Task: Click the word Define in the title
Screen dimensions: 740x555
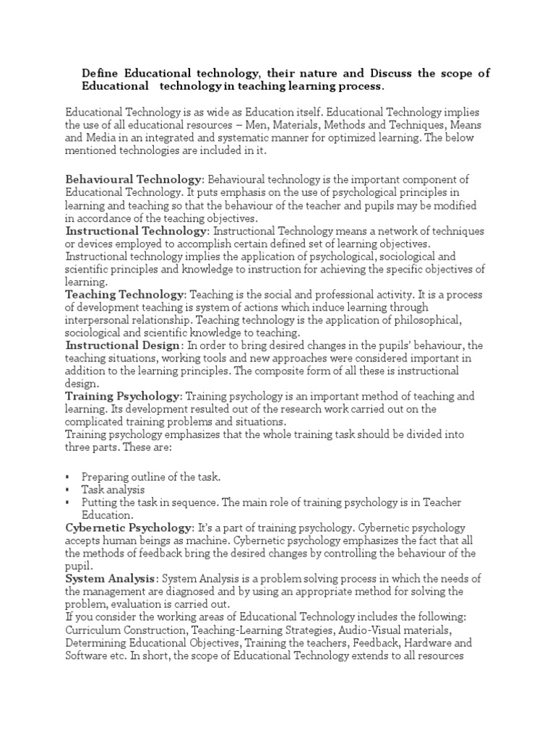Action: pyautogui.click(x=100, y=74)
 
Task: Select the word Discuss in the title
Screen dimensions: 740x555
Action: pyautogui.click(x=397, y=74)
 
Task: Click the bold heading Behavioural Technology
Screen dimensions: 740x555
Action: pyautogui.click(x=134, y=178)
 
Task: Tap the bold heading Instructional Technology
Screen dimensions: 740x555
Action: pyautogui.click(x=136, y=231)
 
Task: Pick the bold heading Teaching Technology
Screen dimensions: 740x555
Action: pyautogui.click(x=125, y=294)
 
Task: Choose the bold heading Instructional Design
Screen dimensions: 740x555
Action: pyautogui.click(x=121, y=345)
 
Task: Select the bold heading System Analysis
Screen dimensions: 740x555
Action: pyautogui.click(x=110, y=579)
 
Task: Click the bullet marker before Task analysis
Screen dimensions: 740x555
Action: pyautogui.click(x=67, y=490)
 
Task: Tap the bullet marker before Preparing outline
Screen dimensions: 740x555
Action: pyautogui.click(x=67, y=477)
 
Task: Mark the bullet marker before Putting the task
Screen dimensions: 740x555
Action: pyautogui.click(x=67, y=503)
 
